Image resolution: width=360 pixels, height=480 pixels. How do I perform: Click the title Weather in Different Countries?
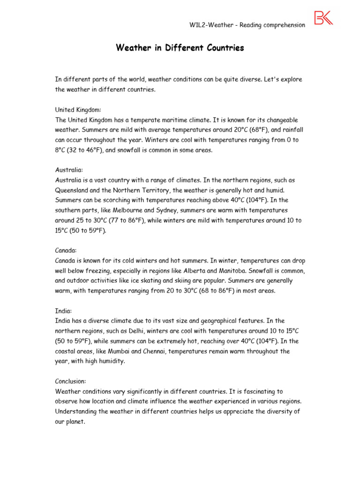point(180,48)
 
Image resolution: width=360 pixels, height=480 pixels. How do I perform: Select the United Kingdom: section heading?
point(78,110)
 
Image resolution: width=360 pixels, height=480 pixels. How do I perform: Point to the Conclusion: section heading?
point(71,381)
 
